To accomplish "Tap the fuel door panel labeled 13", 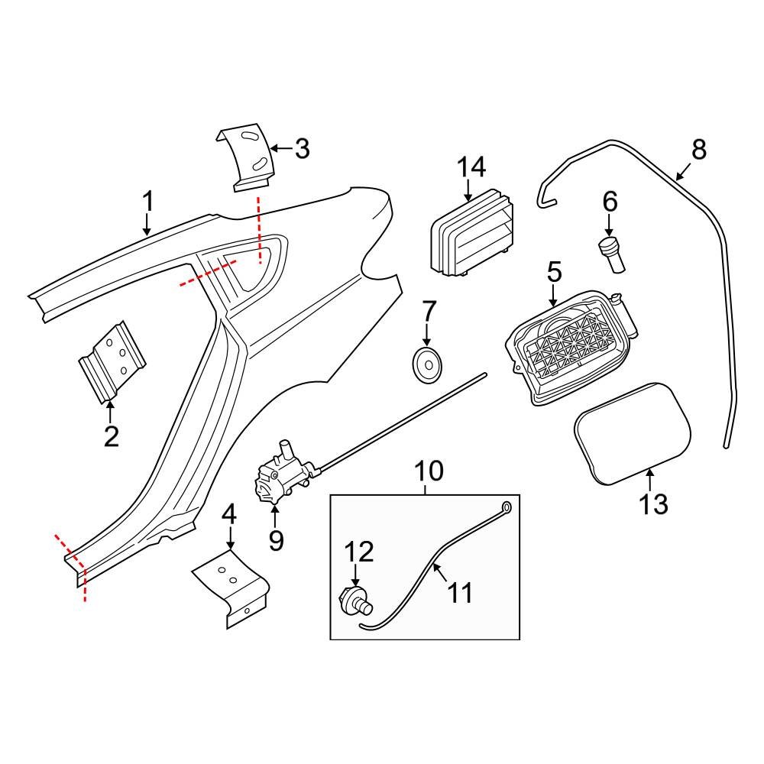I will [633, 432].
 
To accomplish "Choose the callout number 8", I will [698, 150].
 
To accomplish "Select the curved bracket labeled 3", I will [244, 157].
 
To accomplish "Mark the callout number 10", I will [429, 471].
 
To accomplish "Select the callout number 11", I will [460, 593].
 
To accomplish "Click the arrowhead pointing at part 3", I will [274, 148].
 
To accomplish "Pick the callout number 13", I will [653, 503].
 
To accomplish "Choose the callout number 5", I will [554, 272].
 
